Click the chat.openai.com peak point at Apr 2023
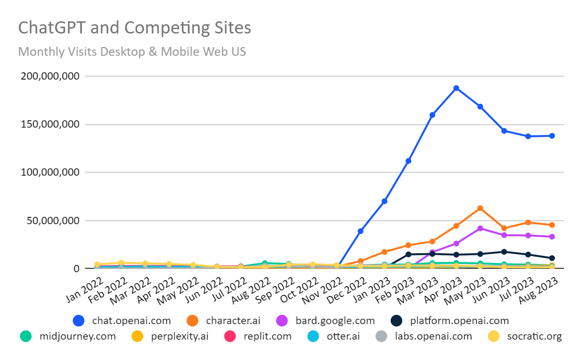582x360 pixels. (x=456, y=88)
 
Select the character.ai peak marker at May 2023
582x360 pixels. (x=480, y=208)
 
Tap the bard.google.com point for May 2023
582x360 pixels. (x=480, y=228)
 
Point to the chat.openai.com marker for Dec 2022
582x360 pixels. (x=360, y=231)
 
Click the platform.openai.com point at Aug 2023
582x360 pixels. (x=552, y=258)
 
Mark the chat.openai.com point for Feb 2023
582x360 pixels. (x=408, y=161)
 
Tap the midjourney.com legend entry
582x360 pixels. (x=68, y=336)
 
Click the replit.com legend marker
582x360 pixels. (x=230, y=336)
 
